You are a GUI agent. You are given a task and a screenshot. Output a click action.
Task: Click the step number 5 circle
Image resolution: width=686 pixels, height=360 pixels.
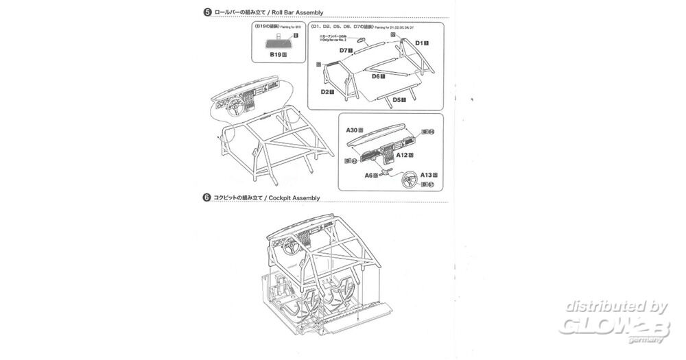(x=206, y=12)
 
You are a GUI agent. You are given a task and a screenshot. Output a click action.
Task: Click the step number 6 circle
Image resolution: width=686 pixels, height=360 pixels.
(x=206, y=197)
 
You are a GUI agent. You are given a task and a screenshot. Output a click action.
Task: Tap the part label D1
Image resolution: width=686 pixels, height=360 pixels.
(x=421, y=43)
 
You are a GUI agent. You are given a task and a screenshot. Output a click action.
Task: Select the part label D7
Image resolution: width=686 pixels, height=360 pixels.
(x=345, y=50)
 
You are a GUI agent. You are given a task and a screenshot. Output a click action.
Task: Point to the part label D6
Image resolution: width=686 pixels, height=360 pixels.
(x=377, y=76)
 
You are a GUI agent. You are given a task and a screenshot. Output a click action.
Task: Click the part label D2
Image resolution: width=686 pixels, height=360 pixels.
(x=327, y=91)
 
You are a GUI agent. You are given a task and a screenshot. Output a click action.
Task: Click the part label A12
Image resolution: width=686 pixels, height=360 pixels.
(x=405, y=156)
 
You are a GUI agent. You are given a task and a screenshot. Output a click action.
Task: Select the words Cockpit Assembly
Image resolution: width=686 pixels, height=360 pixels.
(x=295, y=197)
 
